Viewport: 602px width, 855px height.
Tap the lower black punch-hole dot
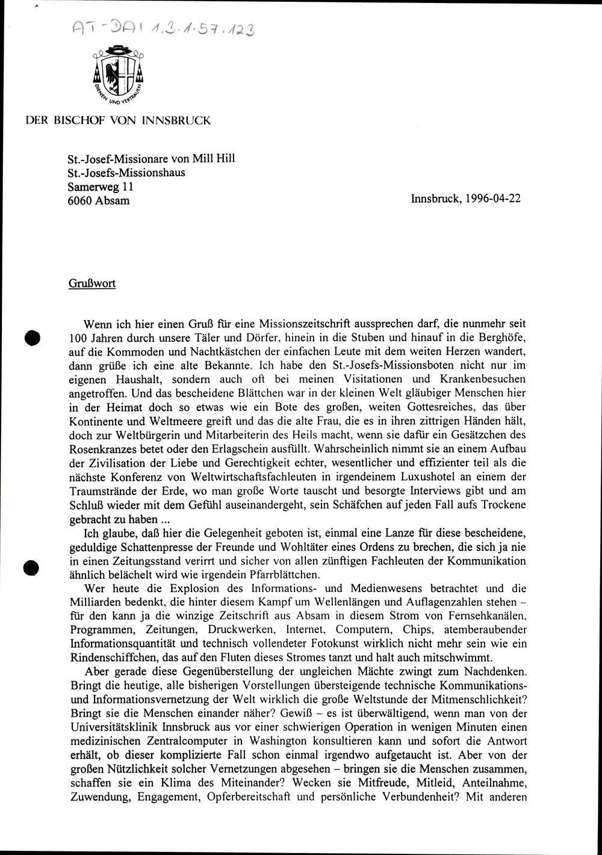point(31,567)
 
